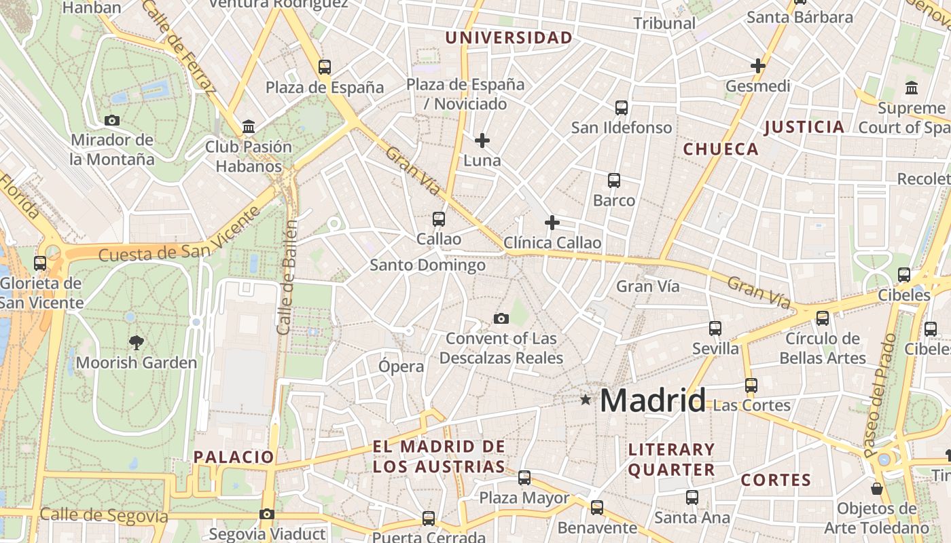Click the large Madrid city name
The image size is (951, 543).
click(653, 400)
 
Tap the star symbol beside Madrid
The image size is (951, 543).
click(586, 400)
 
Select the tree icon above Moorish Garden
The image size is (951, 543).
click(137, 343)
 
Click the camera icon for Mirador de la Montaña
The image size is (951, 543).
click(112, 121)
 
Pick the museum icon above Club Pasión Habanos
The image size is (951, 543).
click(249, 127)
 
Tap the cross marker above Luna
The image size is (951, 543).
click(482, 141)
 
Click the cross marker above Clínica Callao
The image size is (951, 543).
click(552, 222)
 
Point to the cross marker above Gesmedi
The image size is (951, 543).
click(758, 66)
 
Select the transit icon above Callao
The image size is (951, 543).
click(439, 219)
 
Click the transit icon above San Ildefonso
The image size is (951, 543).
click(622, 107)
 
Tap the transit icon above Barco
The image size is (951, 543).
click(614, 181)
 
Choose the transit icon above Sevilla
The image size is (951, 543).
click(715, 329)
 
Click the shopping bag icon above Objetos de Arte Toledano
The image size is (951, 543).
click(877, 489)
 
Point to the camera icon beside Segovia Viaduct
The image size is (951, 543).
click(267, 514)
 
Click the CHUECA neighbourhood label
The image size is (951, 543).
click(721, 149)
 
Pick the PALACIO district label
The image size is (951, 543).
click(234, 457)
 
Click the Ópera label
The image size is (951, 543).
click(401, 367)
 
